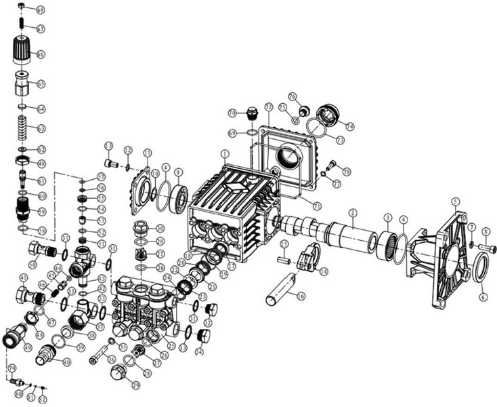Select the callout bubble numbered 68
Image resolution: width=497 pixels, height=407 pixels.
(40, 10)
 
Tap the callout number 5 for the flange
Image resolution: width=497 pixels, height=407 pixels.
(456, 201)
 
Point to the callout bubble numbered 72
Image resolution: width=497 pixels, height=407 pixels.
(268, 107)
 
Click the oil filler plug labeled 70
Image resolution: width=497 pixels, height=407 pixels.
(253, 113)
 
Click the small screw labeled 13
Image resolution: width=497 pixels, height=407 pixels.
(112, 163)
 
